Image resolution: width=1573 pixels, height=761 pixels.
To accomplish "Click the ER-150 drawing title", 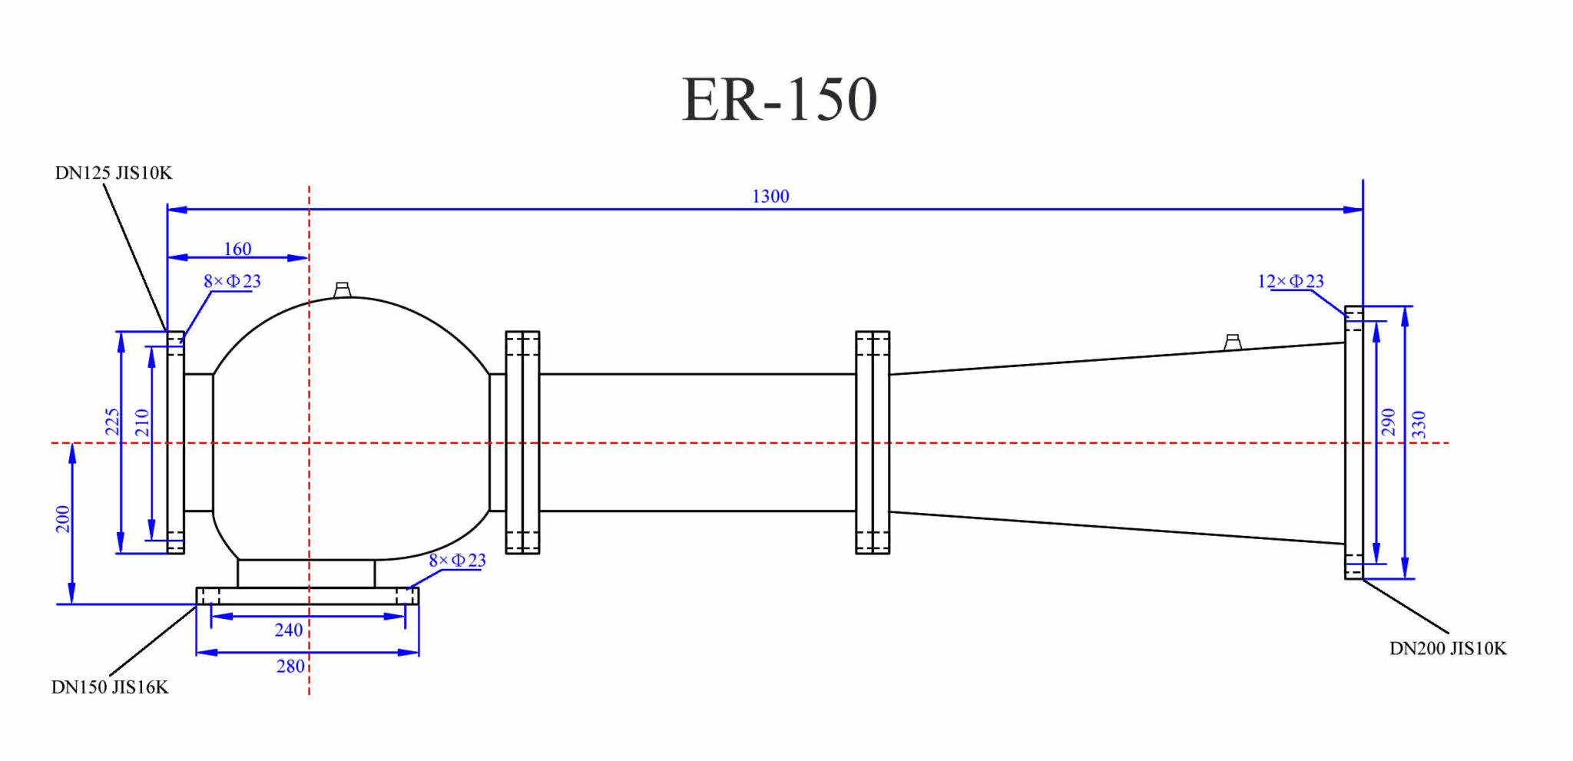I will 779,100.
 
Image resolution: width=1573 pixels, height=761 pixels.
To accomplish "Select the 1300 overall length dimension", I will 770,197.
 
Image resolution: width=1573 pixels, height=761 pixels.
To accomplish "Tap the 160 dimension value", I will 237,249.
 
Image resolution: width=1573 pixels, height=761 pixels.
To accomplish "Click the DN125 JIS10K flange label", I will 114,174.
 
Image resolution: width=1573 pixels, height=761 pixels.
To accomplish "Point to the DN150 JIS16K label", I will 110,687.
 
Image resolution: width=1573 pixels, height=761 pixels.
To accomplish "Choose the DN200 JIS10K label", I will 1448,649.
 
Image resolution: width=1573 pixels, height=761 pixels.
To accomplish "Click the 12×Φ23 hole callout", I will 1290,282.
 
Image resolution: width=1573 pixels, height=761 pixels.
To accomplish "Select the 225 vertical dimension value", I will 113,422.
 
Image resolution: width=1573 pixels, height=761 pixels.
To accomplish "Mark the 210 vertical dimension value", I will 142,423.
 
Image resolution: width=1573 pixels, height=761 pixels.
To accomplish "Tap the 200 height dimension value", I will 63,519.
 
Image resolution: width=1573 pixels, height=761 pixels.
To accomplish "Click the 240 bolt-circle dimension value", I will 289,630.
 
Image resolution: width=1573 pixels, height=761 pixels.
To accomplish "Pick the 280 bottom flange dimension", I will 290,667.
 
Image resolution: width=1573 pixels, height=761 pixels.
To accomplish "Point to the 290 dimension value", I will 1388,422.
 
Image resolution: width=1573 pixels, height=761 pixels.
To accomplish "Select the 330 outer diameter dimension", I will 1419,425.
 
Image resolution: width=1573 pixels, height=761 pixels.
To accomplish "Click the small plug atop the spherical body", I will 343,290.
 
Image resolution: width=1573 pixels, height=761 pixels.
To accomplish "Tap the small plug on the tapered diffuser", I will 1233,342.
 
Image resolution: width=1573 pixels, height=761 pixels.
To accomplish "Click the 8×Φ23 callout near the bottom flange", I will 457,561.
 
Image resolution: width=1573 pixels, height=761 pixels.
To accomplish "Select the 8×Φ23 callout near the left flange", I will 232,282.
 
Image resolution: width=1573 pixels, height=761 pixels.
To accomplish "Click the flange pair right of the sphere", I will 522,442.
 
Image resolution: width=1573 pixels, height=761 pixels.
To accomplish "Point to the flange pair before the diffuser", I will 873,442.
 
